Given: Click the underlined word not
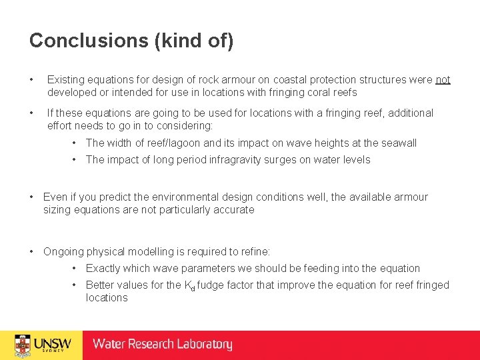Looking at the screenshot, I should click(443, 80).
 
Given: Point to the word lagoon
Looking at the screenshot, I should click(203, 143).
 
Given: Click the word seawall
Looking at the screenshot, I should click(398, 143).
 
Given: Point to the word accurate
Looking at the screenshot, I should click(233, 210).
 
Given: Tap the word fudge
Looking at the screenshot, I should click(211, 285).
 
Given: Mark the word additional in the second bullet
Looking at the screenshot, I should click(407, 113).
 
